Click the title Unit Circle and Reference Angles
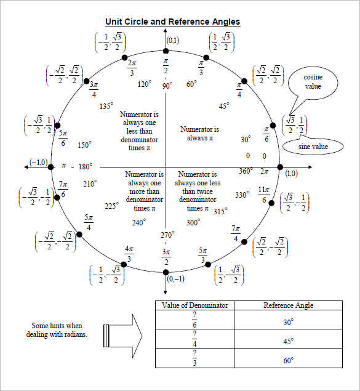tap(172, 22)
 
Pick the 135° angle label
tap(106, 106)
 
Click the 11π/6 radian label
tap(263, 195)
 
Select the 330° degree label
tap(242, 195)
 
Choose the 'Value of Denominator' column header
tap(194, 305)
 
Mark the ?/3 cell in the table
tap(194, 358)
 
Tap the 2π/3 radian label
tap(132, 68)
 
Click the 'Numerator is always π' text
tap(199, 134)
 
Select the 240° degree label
tap(138, 222)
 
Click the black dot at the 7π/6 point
tap(57, 197)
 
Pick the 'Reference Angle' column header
tap(288, 305)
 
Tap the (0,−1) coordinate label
tap(176, 279)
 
